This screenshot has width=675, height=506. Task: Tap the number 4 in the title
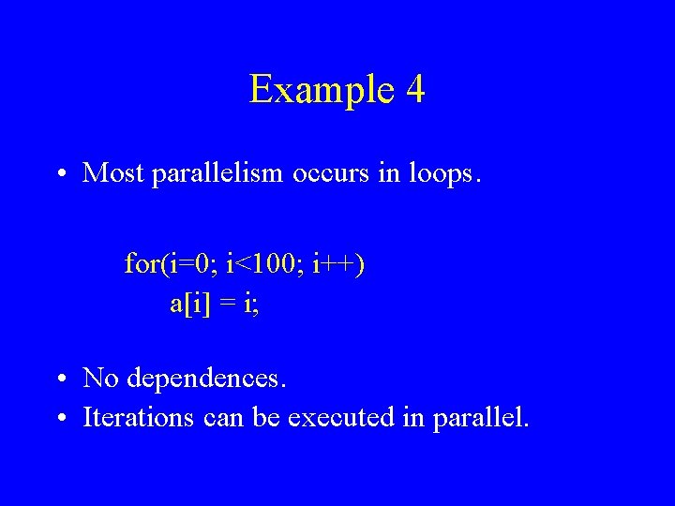click(416, 90)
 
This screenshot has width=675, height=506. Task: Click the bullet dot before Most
click(59, 173)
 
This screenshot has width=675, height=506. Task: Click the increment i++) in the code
click(338, 265)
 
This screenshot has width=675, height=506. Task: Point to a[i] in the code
click(191, 304)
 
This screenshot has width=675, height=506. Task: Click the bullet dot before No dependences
click(59, 379)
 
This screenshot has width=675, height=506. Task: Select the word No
click(100, 379)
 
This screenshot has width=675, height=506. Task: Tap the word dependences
click(206, 379)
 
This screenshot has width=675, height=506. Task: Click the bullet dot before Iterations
click(59, 417)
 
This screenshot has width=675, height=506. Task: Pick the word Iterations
click(139, 416)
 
